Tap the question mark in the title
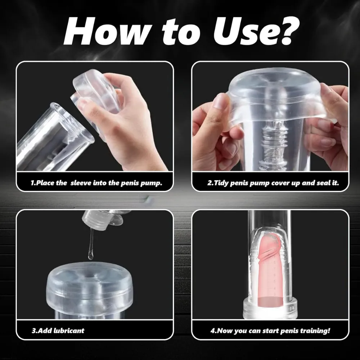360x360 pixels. (286, 30)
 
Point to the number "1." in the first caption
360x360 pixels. (33, 183)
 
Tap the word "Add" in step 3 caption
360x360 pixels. (45, 330)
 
